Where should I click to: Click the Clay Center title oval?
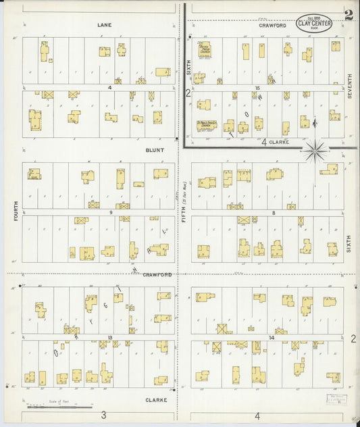tap(314, 22)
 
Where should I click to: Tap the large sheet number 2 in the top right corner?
tap(348, 15)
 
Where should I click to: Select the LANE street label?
tap(104, 25)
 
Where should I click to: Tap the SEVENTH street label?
tap(350, 86)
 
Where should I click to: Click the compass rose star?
tap(315, 151)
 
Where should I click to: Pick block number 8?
tap(274, 212)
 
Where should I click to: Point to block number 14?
tap(272, 336)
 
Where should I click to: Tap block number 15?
tap(257, 88)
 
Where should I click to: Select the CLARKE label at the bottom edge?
tap(155, 400)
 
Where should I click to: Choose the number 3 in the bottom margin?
tap(103, 415)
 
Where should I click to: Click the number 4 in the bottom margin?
tap(257, 415)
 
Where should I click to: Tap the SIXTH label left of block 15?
tap(189, 66)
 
